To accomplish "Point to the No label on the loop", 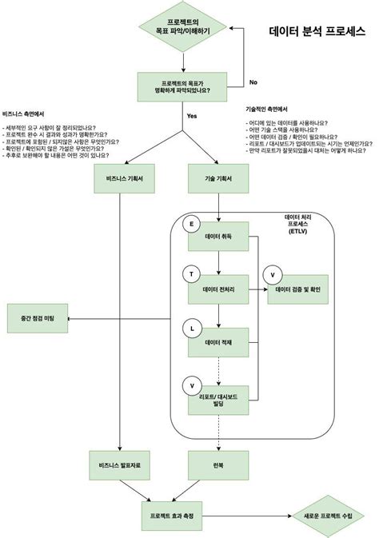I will pos(253,82).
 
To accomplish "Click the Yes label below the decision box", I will pos(192,117).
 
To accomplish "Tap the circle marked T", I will pos(191,274).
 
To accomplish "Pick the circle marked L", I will pos(191,328).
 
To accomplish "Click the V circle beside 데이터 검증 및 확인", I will pos(273,274).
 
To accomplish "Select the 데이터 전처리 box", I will pos(218,289).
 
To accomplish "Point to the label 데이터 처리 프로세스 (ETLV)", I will pos(301,224).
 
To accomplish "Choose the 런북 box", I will pos(218,464).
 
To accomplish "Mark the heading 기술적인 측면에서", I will pos(267,109).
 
